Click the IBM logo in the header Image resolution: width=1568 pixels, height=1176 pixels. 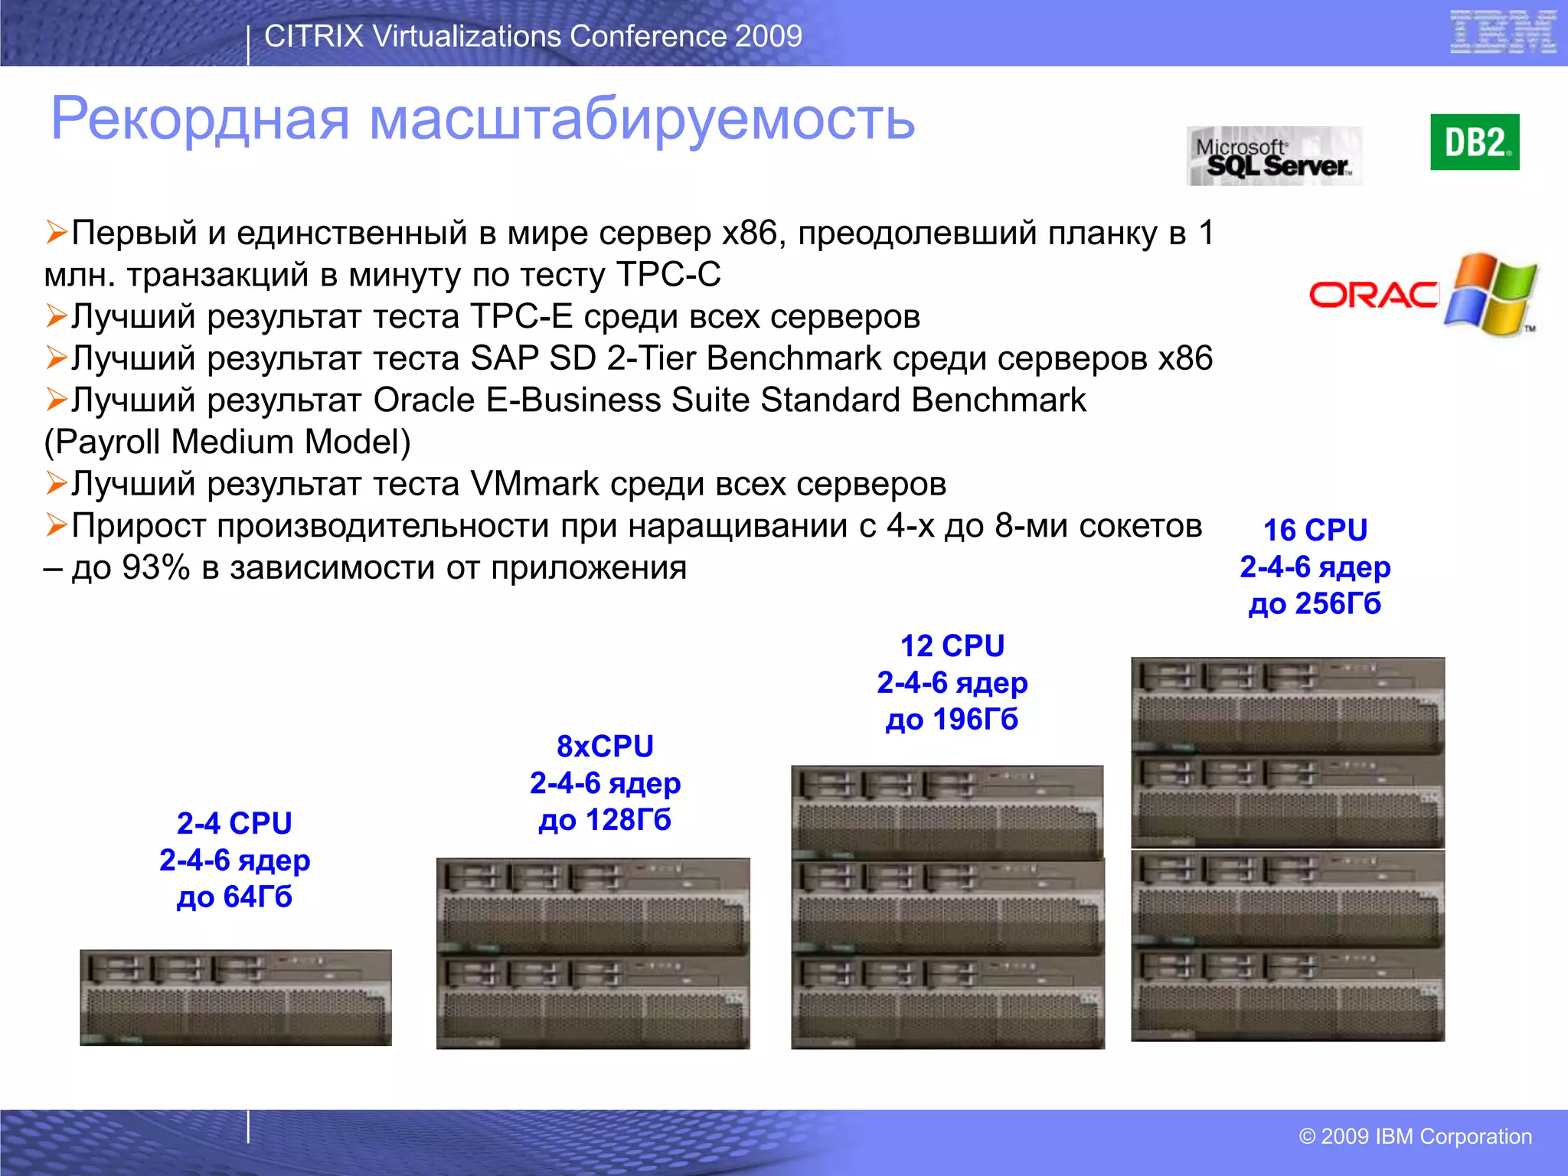(1503, 32)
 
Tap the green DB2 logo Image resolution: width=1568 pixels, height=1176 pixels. (1475, 142)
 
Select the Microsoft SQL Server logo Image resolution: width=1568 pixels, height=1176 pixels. (1275, 156)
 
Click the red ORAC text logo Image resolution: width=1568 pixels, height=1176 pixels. (1374, 295)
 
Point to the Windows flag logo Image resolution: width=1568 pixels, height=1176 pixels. (1491, 295)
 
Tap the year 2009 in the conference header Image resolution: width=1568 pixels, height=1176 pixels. (768, 36)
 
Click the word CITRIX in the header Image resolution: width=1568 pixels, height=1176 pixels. (313, 36)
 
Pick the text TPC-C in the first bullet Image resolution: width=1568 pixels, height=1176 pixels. (668, 275)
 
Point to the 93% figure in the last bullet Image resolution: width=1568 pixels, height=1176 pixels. (155, 568)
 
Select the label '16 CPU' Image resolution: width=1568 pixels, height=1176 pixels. (1315, 530)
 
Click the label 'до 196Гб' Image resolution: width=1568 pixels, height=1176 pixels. (952, 720)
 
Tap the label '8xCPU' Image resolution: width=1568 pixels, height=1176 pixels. (605, 746)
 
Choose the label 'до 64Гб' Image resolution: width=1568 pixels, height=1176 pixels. (234, 897)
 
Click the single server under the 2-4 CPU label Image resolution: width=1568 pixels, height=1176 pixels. (236, 998)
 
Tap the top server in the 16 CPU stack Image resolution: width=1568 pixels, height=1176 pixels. (1288, 705)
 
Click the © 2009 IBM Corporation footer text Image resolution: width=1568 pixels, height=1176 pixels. (1415, 1136)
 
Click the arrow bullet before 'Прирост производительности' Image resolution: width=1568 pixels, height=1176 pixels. (56, 525)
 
